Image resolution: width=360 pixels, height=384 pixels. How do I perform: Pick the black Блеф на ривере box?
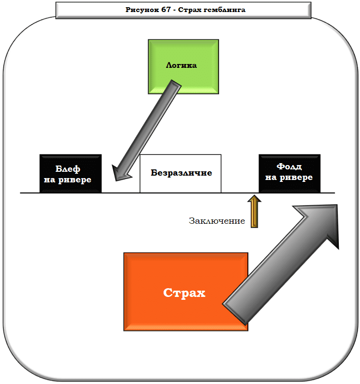[x=70, y=174]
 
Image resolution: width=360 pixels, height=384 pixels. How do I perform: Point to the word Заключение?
[x=217, y=221]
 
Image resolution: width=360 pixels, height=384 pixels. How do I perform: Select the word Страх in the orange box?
[x=184, y=293]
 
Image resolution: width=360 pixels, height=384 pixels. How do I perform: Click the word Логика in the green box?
[x=181, y=65]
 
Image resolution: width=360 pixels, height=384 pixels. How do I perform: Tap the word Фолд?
[x=289, y=166]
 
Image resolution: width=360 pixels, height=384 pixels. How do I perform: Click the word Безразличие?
[x=181, y=173]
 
